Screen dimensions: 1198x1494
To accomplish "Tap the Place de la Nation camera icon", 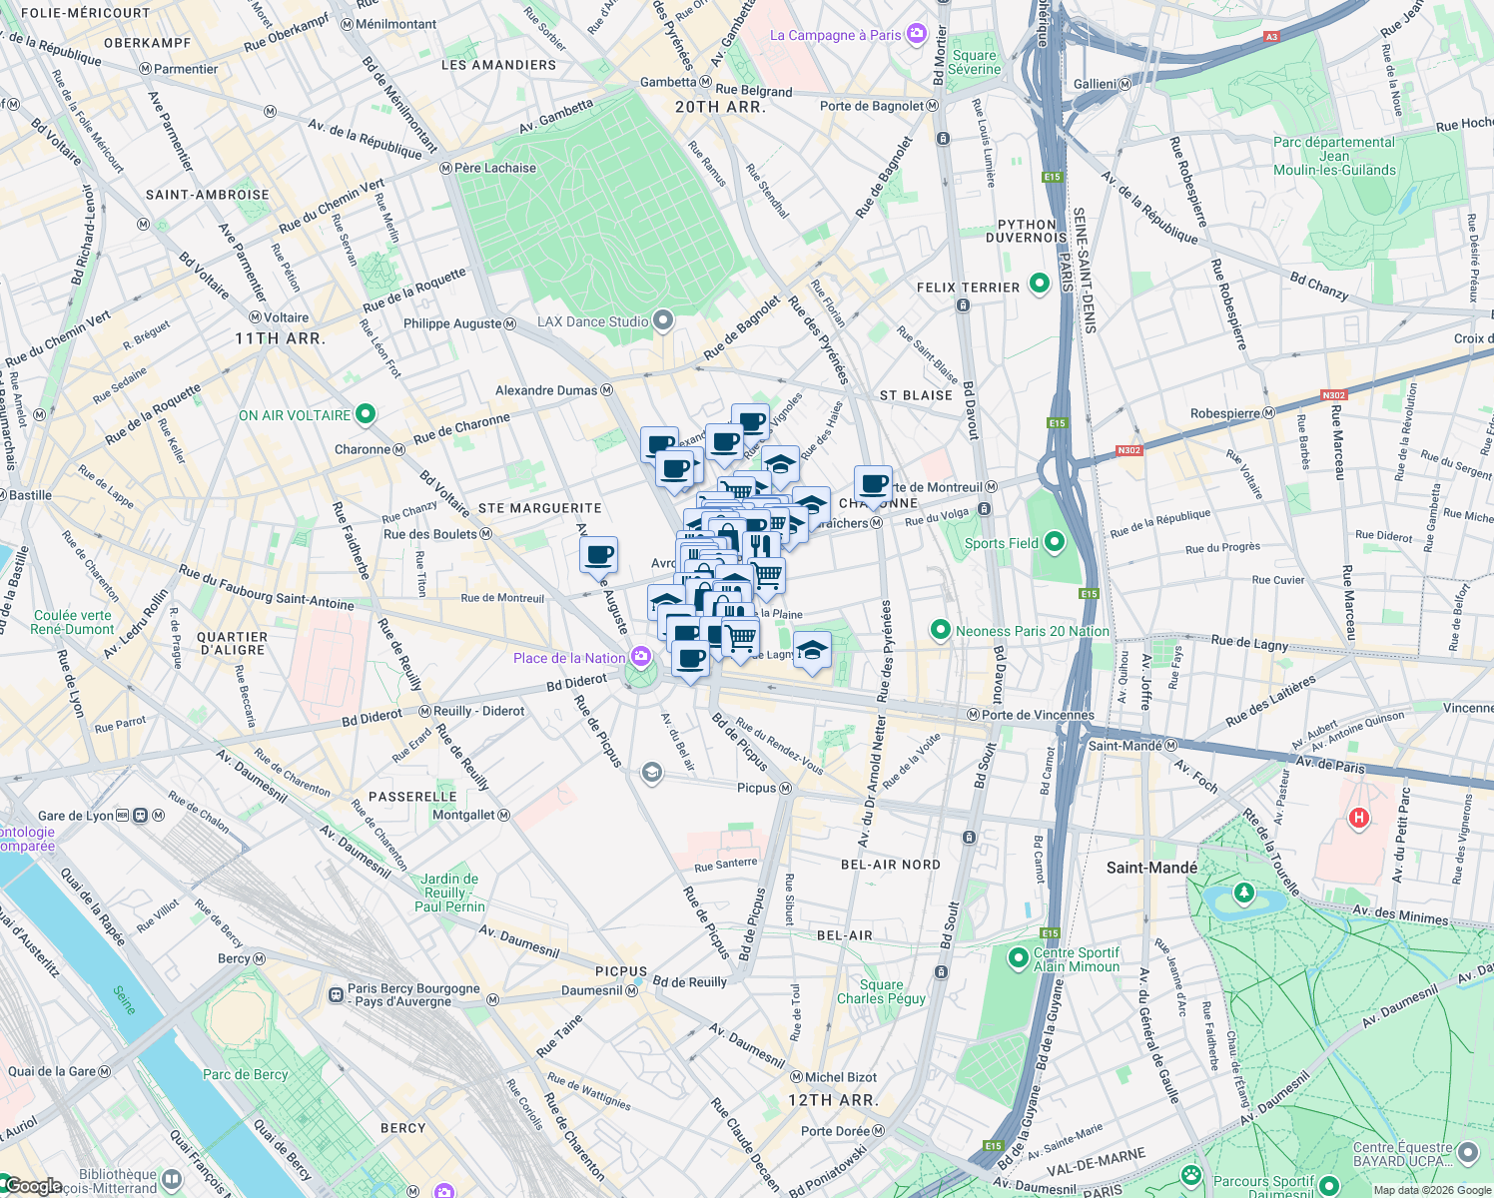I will click(641, 657).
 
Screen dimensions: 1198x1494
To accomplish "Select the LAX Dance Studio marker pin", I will click(662, 320).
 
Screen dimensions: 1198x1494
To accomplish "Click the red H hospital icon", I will click(1358, 819).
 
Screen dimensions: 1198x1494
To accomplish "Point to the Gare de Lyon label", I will click(76, 816).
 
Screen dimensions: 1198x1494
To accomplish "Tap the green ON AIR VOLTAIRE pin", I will click(366, 414).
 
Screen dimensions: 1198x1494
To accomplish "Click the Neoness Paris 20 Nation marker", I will click(940, 630).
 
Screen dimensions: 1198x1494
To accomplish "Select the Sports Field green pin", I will click(1055, 542).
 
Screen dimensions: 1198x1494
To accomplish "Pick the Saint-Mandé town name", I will click(1151, 868).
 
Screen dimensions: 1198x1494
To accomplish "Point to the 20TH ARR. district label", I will click(720, 107).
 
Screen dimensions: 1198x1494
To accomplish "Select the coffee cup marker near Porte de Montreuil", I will click(874, 484).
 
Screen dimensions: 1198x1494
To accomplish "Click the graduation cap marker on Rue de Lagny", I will click(812, 651).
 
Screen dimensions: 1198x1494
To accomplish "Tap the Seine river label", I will click(123, 1000).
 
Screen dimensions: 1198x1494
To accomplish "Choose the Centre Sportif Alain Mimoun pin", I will click(1018, 958).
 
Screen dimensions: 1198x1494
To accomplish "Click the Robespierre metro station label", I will click(1232, 413).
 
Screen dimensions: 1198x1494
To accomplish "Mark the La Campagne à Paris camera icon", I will click(916, 35).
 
